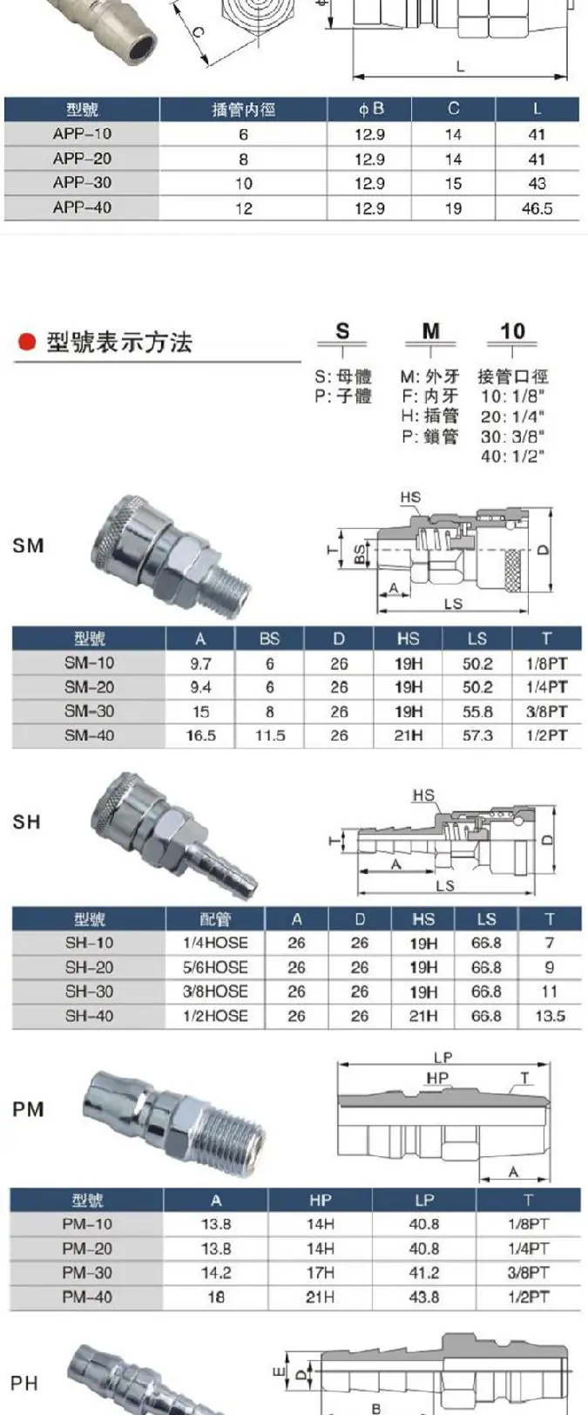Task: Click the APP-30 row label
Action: tap(82, 183)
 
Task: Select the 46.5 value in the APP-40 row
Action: tap(537, 208)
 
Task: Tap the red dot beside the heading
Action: tap(27, 342)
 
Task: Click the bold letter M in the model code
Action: tap(430, 331)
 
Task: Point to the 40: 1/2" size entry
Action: tap(512, 456)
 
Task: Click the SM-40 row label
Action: tap(89, 735)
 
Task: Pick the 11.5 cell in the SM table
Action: tap(270, 736)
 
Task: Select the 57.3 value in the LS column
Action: tap(477, 736)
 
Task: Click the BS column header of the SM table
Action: tap(269, 640)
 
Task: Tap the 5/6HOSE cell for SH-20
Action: tap(215, 967)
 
